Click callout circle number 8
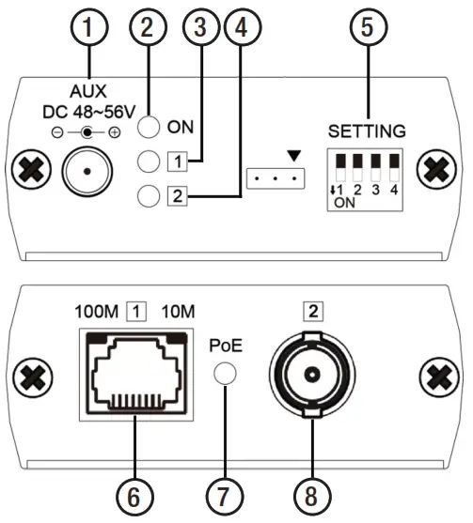coord(311,491)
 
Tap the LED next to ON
coord(149,127)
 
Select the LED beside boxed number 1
coord(149,162)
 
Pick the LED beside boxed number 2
coord(149,196)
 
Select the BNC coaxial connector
coord(311,374)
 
